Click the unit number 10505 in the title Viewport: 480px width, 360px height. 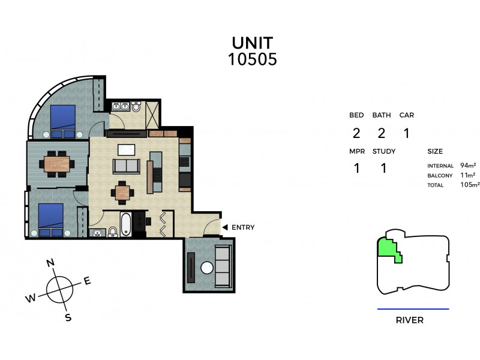[x=253, y=59]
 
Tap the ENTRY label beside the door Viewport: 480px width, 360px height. [x=243, y=227]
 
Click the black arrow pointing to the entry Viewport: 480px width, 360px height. [x=224, y=227]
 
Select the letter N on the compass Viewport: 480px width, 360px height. [x=51, y=262]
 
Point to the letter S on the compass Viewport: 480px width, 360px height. [x=68, y=317]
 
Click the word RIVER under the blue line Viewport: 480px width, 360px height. [x=410, y=320]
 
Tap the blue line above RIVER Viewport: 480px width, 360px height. [x=413, y=309]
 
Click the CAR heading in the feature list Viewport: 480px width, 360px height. [x=406, y=115]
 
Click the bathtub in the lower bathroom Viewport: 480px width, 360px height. [x=125, y=224]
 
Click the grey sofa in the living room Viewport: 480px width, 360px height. [x=127, y=166]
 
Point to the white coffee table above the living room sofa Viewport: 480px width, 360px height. [x=126, y=149]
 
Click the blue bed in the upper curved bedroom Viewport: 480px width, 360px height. [x=62, y=119]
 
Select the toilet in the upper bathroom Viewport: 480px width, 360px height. [x=137, y=107]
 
